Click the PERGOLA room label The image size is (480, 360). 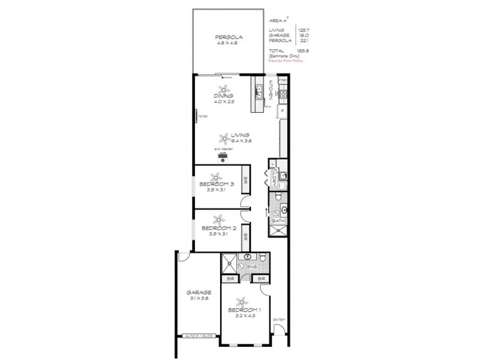point(228,37)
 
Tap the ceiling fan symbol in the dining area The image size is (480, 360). point(223,89)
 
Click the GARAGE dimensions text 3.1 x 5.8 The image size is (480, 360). point(198,300)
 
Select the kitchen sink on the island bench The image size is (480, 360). point(259,92)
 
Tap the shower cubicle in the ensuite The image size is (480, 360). point(228,262)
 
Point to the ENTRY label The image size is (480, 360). point(279,320)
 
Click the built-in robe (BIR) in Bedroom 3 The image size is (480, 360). point(245,179)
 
